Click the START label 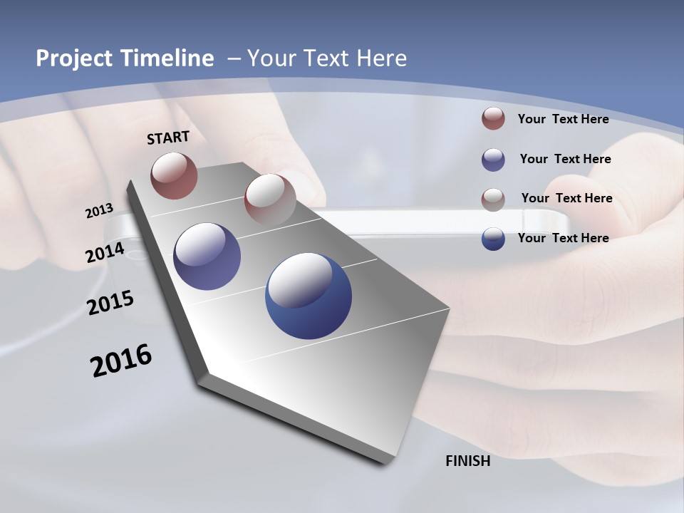pyautogui.click(x=168, y=138)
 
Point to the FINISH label pyautogui.click(x=467, y=461)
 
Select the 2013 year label pyautogui.click(x=99, y=211)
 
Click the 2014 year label pyautogui.click(x=105, y=252)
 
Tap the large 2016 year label pyautogui.click(x=121, y=361)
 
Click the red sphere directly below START pyautogui.click(x=174, y=175)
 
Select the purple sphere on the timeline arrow pyautogui.click(x=207, y=256)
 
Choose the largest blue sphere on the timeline pyautogui.click(x=309, y=296)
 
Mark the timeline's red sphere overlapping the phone pyautogui.click(x=270, y=199)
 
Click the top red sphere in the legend pyautogui.click(x=493, y=118)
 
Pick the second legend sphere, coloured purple pyautogui.click(x=493, y=159)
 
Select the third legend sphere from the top pyautogui.click(x=493, y=199)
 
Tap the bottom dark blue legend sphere pyautogui.click(x=493, y=239)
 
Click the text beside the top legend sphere pyautogui.click(x=563, y=119)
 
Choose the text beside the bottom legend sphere pyautogui.click(x=563, y=238)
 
